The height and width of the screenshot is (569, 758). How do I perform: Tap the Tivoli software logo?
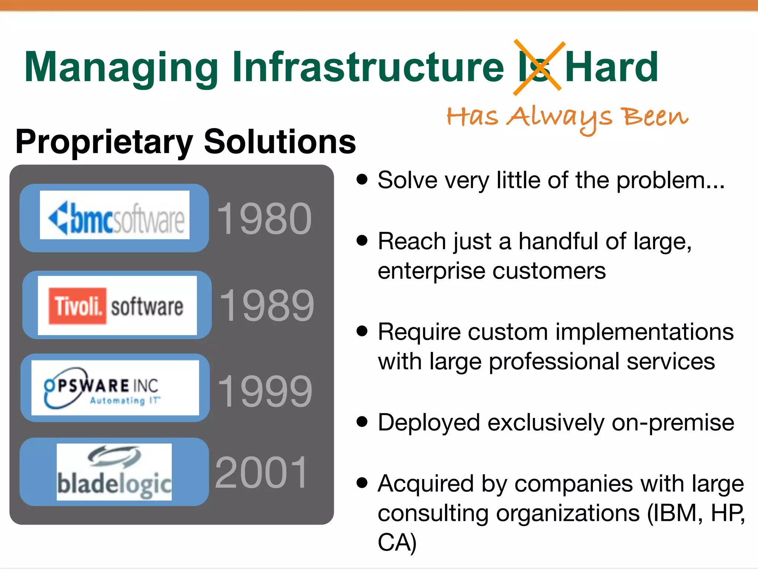point(117,306)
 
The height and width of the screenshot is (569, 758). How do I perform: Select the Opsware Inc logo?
point(115,388)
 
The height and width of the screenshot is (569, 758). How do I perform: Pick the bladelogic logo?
point(114,472)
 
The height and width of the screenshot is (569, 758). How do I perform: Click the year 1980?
point(264,219)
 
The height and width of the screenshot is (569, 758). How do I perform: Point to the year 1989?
point(266,306)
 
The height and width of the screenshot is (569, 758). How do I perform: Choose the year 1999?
point(265,391)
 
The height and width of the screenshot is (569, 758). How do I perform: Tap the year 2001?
point(261,472)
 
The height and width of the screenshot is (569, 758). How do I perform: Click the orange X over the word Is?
point(539,68)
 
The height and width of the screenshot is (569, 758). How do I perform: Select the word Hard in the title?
point(611,67)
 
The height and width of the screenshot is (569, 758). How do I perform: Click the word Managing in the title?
point(121,68)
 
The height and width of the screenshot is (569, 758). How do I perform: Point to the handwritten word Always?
point(560,117)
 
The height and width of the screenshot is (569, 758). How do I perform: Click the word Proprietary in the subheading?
point(104,143)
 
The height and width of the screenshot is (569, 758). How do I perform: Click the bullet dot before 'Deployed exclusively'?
point(362,422)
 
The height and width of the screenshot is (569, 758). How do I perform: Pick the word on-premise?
point(673,422)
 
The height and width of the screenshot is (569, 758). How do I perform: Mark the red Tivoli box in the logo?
point(77,306)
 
